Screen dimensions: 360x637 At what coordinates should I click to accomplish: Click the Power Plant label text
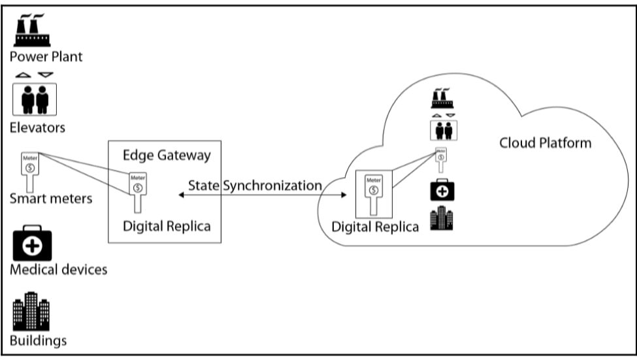46,57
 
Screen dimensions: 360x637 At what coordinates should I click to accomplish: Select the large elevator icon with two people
35,99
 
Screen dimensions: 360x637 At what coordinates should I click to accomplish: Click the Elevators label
37,127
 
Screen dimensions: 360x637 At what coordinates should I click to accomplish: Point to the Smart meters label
51,198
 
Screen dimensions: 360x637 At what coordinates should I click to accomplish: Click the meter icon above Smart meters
29,169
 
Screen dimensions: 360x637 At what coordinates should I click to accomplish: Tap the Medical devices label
58,269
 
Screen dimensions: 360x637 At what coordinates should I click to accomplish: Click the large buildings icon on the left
31,312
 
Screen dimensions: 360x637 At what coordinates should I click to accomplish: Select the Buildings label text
38,340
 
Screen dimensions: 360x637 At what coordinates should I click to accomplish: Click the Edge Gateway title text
167,155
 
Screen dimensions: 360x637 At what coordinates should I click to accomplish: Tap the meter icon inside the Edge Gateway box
137,189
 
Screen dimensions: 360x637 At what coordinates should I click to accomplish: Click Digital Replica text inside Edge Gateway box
167,227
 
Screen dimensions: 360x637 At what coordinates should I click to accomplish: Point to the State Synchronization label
255,186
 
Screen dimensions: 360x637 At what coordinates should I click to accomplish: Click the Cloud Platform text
545,142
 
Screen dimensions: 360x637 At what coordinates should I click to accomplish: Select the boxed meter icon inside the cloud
374,194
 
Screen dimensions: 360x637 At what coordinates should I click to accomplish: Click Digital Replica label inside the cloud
375,227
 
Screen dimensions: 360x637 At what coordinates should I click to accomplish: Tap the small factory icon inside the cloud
442,98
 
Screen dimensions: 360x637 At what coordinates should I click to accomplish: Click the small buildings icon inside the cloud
442,218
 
